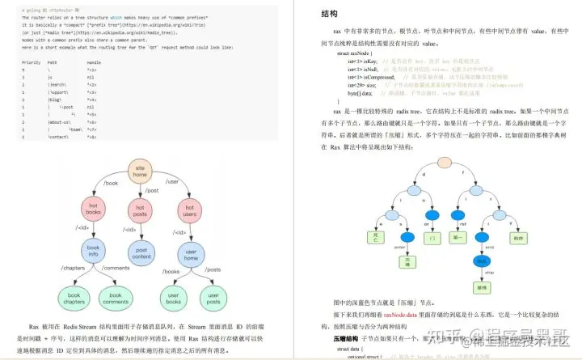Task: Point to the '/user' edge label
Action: point(171,183)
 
